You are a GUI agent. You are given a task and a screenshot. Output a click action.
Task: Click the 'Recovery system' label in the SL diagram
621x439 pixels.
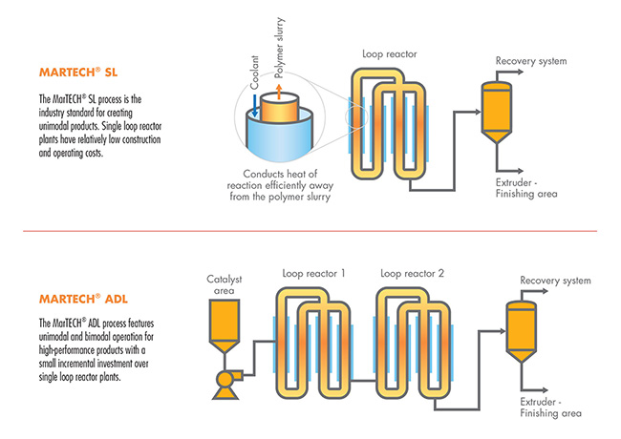531,62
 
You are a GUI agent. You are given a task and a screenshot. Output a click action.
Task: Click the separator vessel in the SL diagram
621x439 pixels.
496,108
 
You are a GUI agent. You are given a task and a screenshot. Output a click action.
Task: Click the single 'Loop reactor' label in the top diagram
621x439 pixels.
386,54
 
